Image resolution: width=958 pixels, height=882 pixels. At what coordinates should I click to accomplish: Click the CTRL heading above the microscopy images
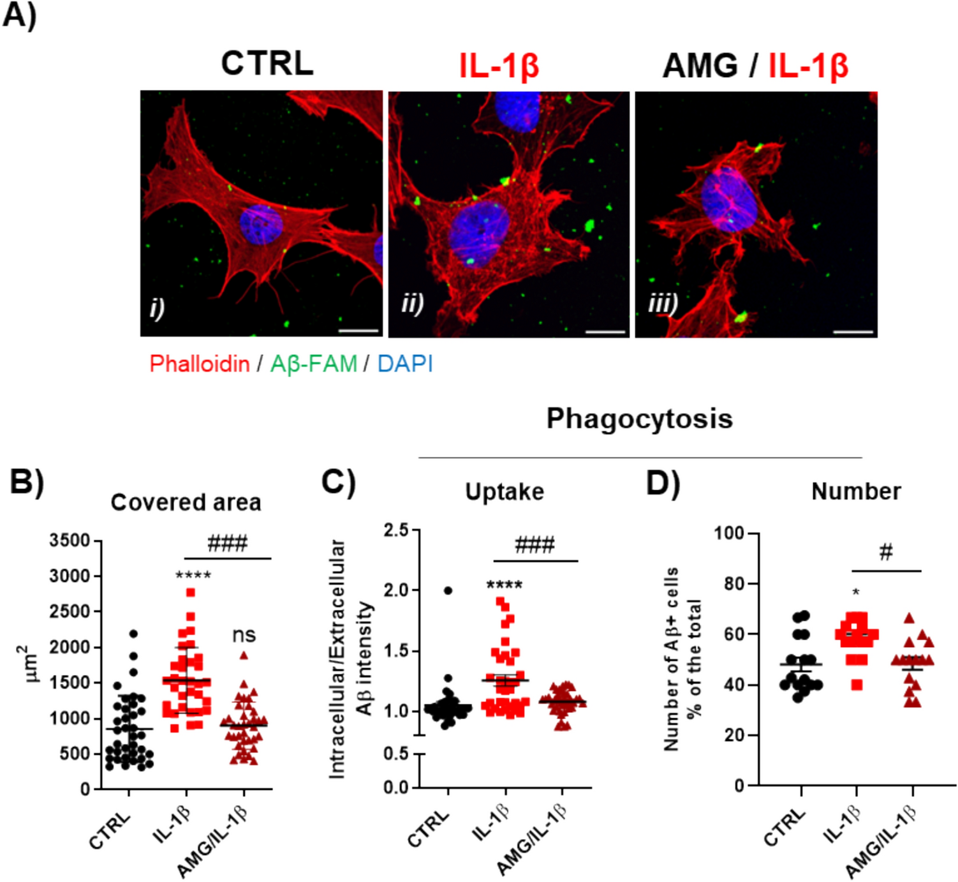(267, 64)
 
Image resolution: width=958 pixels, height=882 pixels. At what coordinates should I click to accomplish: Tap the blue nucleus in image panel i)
(260, 225)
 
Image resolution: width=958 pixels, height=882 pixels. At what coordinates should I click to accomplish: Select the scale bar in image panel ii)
(605, 332)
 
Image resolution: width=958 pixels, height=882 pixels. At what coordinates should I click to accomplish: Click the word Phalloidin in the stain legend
(200, 364)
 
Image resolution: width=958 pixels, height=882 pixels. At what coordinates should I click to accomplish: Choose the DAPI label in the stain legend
(405, 364)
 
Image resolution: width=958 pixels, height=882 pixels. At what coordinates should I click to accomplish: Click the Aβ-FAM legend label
(313, 364)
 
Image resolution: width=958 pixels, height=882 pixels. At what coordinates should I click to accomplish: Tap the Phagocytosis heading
(639, 419)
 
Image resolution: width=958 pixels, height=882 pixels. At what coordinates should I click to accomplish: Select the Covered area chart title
(186, 502)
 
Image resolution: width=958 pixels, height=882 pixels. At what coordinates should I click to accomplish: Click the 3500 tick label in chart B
(70, 541)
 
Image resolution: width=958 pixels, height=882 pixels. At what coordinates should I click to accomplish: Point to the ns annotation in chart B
(244, 635)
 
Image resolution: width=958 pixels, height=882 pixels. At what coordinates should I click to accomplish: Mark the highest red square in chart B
(190, 592)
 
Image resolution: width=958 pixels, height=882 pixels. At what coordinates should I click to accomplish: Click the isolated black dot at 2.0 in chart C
(448, 590)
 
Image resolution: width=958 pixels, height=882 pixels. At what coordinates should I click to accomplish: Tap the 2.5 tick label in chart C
(396, 530)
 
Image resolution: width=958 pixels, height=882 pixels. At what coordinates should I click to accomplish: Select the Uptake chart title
(505, 492)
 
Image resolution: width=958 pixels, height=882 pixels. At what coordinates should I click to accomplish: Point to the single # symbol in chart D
(885, 552)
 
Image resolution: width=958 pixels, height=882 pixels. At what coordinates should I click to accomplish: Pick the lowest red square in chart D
(857, 685)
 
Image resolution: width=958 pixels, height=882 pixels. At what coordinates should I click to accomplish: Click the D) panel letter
(663, 483)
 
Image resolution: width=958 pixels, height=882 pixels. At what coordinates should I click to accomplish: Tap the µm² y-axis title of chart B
(29, 664)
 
